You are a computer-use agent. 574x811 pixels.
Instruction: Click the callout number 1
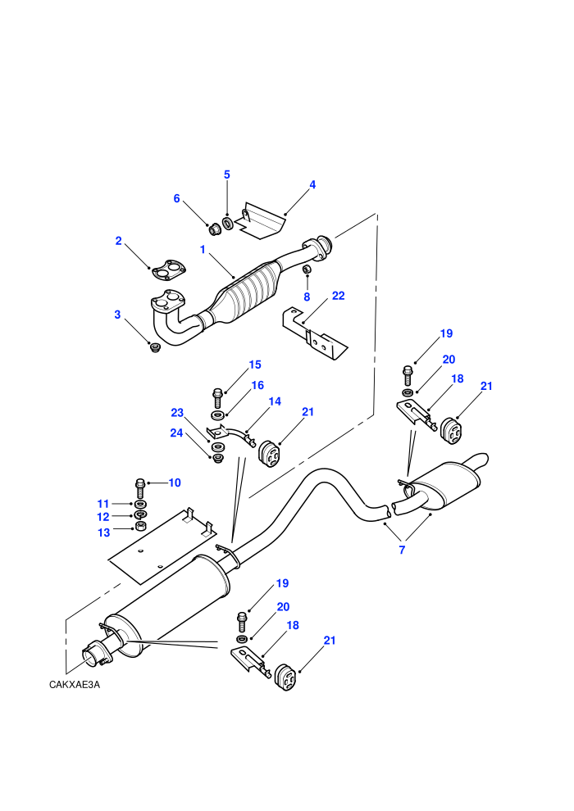(x=203, y=249)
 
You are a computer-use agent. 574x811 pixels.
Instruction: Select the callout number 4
(x=312, y=184)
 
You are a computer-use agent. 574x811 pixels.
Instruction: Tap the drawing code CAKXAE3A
(x=75, y=685)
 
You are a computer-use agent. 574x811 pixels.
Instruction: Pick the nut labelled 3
(x=154, y=347)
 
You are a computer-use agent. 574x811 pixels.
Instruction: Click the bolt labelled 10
(x=139, y=487)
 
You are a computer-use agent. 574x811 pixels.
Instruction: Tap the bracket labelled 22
(x=315, y=333)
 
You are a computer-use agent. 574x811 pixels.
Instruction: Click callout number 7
(x=402, y=550)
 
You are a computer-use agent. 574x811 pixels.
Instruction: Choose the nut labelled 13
(x=139, y=527)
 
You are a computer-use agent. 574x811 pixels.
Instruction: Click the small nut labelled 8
(x=307, y=270)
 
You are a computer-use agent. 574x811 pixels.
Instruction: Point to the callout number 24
(x=176, y=433)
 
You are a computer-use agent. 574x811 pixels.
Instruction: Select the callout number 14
(x=275, y=401)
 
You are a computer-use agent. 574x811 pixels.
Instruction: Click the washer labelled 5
(x=226, y=224)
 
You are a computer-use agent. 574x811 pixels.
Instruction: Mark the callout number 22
(x=338, y=296)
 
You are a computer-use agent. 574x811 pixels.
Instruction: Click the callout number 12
(x=103, y=517)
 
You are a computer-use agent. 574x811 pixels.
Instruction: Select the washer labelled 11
(x=139, y=504)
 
